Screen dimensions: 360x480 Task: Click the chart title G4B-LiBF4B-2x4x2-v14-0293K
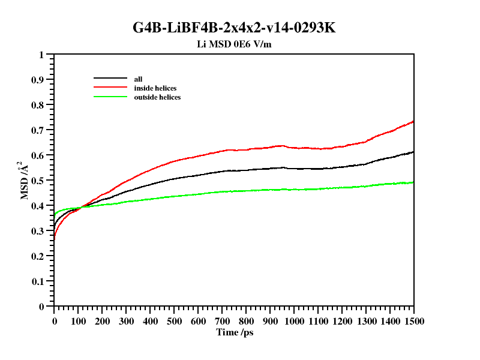[239, 28]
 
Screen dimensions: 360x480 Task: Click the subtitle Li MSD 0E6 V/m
[239, 44]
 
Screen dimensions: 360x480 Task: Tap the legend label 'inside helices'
[155, 88]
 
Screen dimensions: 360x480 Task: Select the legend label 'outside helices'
[157, 97]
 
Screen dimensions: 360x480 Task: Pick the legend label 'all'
[138, 79]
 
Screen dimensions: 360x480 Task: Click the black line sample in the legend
[111, 79]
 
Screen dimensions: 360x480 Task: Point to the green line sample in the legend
[111, 97]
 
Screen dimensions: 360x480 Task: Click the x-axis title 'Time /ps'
[235, 332]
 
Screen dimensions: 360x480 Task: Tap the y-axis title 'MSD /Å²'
[26, 180]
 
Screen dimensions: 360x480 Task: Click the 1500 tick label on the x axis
[413, 321]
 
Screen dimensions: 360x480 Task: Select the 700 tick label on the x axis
[222, 321]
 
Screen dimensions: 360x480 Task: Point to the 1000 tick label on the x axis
[294, 321]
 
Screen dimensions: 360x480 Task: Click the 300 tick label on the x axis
[126, 321]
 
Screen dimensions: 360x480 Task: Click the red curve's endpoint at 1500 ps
[413, 121]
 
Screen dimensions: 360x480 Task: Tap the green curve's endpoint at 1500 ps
[413, 182]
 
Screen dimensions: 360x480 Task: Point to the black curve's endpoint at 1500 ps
[413, 152]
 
